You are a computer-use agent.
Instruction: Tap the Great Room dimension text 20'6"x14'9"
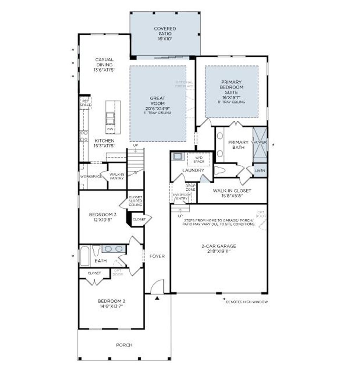coord(157,108)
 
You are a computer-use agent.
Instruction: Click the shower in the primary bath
coord(260,145)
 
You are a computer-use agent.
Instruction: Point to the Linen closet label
coord(260,170)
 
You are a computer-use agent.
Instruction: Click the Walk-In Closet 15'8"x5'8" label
coord(232,193)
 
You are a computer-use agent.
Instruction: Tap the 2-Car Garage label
coord(218,248)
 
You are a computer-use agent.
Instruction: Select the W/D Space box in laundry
coord(199,159)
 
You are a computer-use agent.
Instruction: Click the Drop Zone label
coord(191,188)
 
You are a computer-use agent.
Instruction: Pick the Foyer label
coord(157,256)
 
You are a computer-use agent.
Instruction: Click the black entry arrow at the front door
coord(157,298)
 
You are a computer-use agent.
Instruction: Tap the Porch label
coord(124,345)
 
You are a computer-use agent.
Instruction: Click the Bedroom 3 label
coord(102,217)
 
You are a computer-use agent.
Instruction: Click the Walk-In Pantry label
coord(117,176)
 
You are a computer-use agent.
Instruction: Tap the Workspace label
coord(91,176)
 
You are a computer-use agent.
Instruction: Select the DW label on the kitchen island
coord(110,129)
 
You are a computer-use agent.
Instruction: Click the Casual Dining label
coord(104,65)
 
